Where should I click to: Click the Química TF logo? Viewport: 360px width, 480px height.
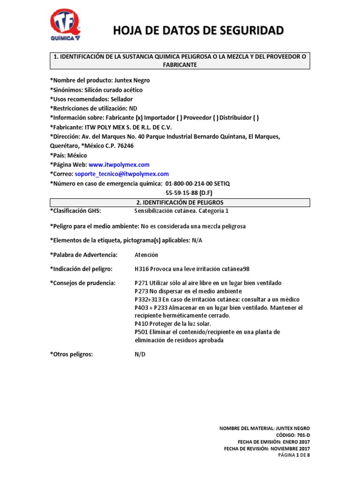click(65, 25)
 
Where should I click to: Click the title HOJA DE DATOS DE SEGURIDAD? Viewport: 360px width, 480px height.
click(198, 31)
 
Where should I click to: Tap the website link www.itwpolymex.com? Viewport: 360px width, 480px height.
click(119, 165)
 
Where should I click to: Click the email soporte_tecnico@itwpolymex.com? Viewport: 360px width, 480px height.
click(122, 174)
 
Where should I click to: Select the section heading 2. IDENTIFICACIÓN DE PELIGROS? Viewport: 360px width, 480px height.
click(180, 202)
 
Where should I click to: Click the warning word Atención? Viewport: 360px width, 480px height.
click(146, 255)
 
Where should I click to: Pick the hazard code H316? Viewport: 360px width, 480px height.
click(142, 269)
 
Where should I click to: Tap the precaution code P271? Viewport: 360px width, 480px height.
click(142, 283)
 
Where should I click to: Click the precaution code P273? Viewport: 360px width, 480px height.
click(142, 291)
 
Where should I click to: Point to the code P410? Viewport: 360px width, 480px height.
click(142, 324)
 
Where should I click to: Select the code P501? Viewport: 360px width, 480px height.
click(142, 332)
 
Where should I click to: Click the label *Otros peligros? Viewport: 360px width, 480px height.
click(72, 354)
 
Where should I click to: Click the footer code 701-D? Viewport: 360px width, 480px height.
click(303, 435)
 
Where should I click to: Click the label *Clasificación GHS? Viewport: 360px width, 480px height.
click(75, 211)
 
